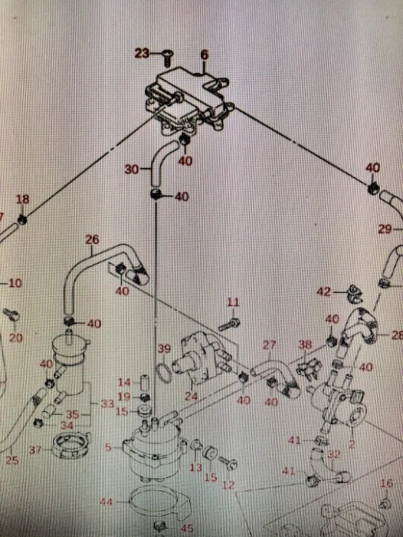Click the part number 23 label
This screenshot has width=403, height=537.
click(142, 54)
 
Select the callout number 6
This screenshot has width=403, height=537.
click(204, 55)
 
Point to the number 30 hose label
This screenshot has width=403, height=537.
click(131, 169)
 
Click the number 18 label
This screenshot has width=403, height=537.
click(22, 199)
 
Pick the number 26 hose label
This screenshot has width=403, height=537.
click(92, 240)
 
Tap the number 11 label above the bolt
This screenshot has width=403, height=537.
click(233, 302)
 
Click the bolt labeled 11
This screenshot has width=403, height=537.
click(229, 325)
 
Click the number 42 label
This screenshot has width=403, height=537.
click(323, 292)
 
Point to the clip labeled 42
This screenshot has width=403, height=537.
click(355, 294)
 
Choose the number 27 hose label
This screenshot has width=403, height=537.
click(270, 345)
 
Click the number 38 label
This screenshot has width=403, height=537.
click(305, 344)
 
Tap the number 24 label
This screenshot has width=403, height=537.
click(191, 396)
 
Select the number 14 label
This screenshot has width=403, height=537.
click(124, 382)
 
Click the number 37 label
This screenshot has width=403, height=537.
click(35, 450)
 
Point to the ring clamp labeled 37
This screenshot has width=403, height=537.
click(71, 445)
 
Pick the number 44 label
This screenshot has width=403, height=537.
click(106, 502)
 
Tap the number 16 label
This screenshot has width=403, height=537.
click(387, 483)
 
